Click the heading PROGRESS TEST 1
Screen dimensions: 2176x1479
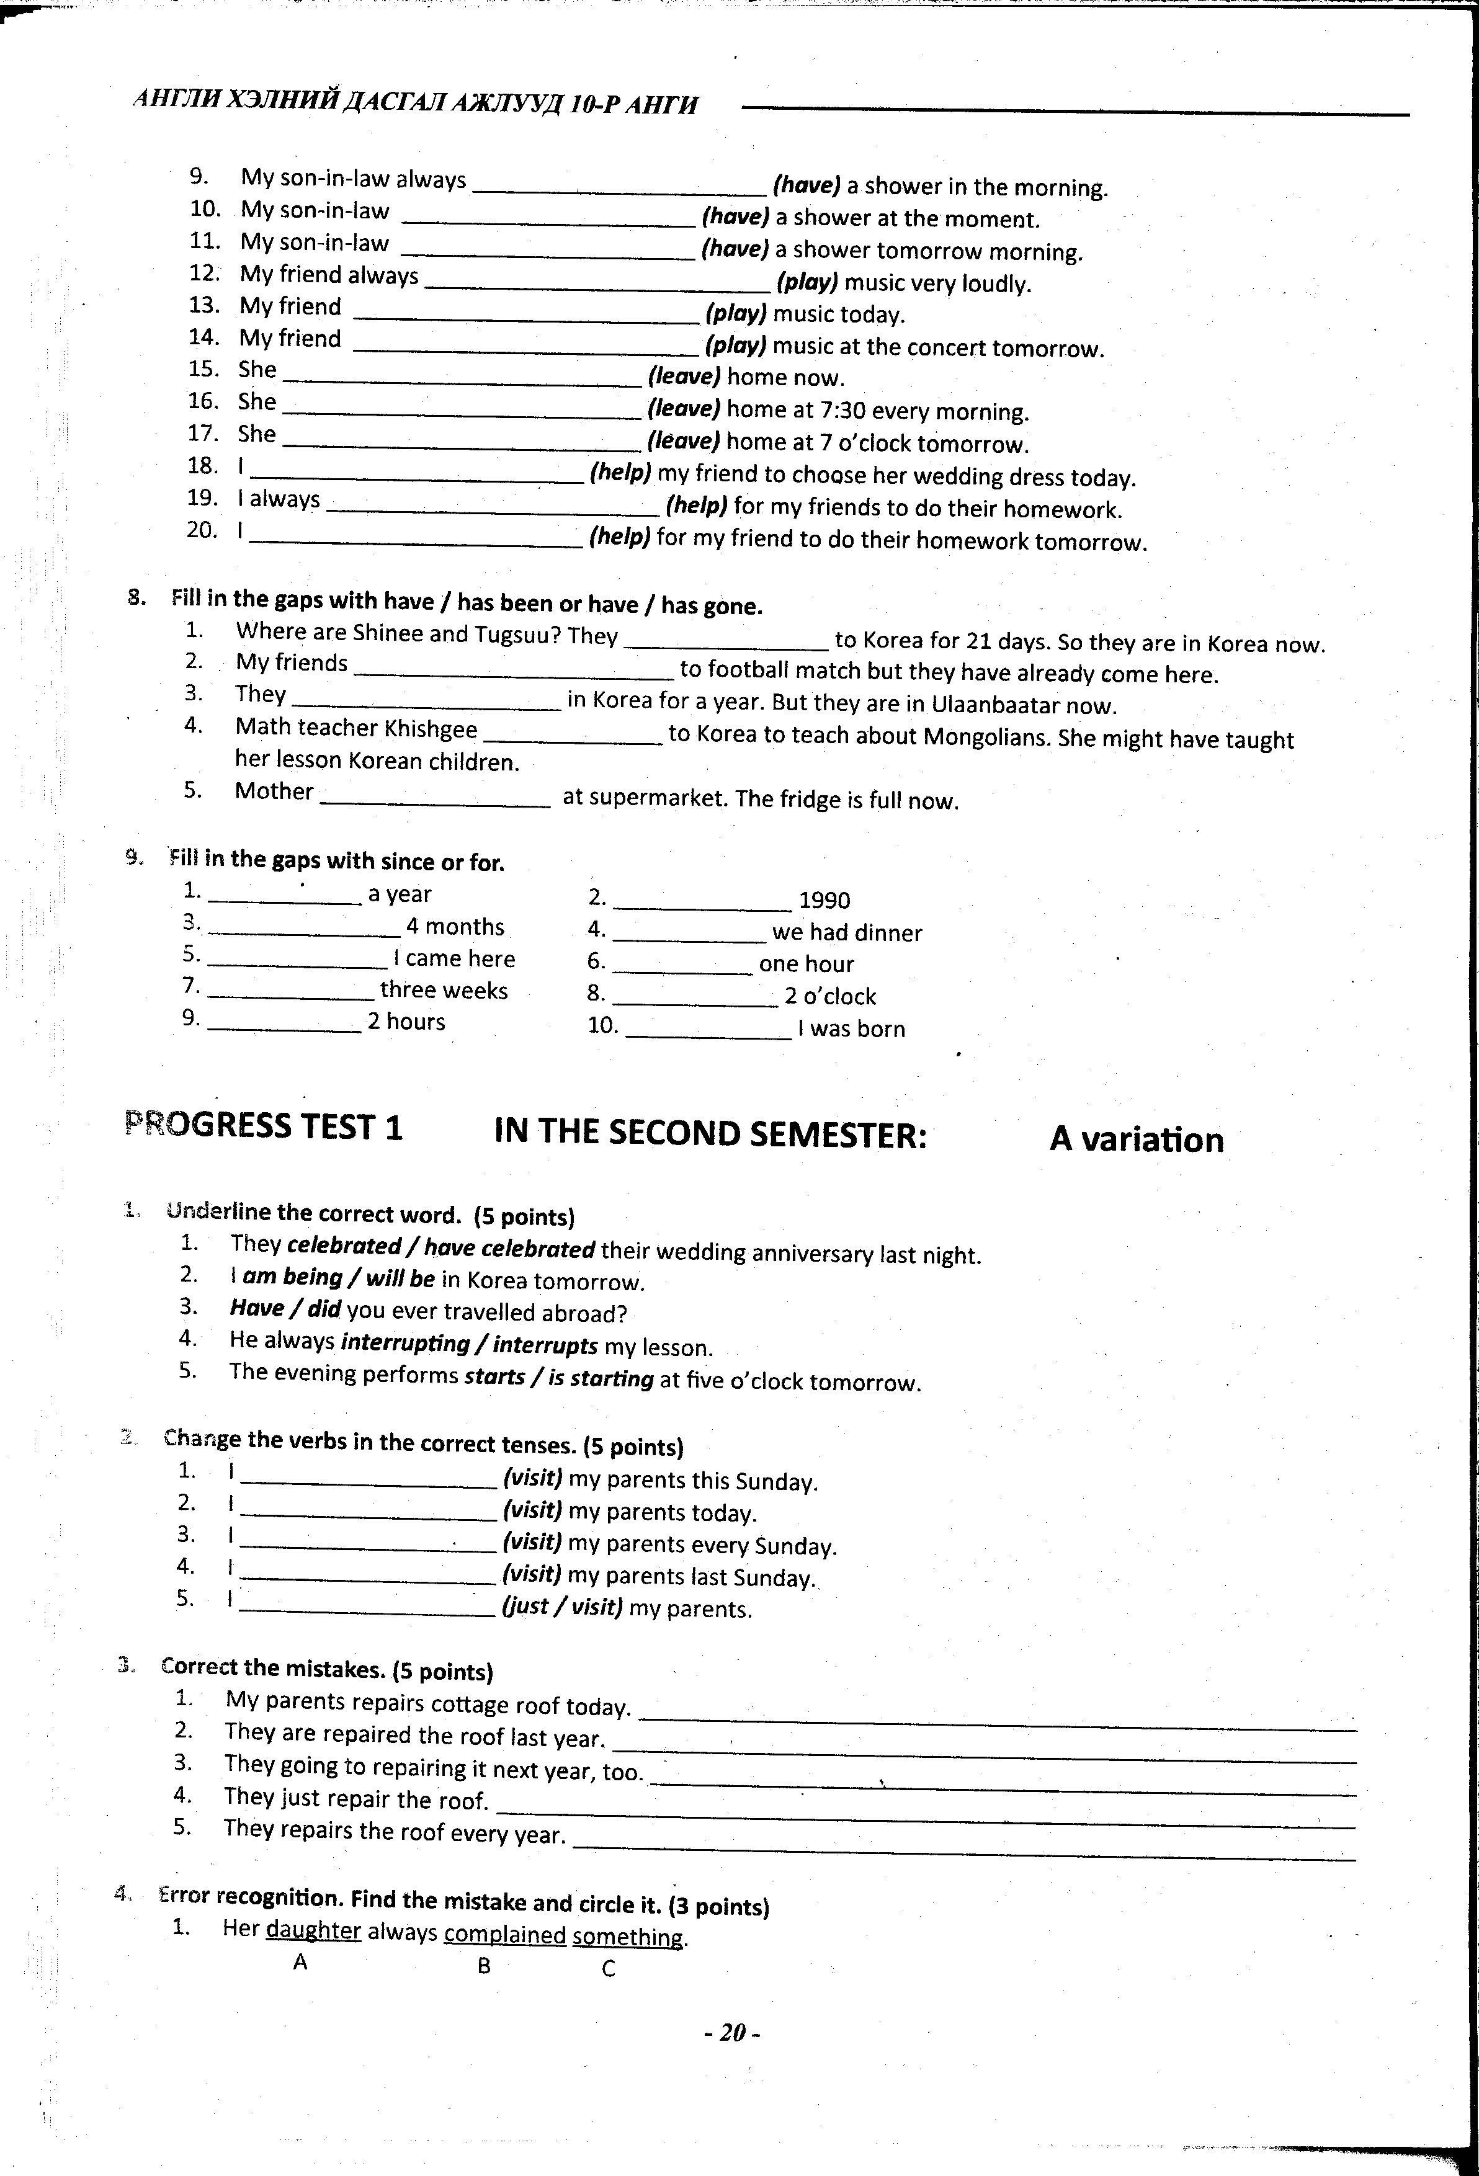coord(264,1125)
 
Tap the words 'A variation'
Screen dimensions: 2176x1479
coord(1136,1139)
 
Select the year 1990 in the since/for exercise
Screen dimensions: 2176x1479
coord(824,901)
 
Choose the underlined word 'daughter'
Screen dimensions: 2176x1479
coord(313,1931)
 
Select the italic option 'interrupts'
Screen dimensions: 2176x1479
coord(545,1345)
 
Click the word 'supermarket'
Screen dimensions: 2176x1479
coord(645,799)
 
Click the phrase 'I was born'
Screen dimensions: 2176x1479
coord(851,1029)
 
